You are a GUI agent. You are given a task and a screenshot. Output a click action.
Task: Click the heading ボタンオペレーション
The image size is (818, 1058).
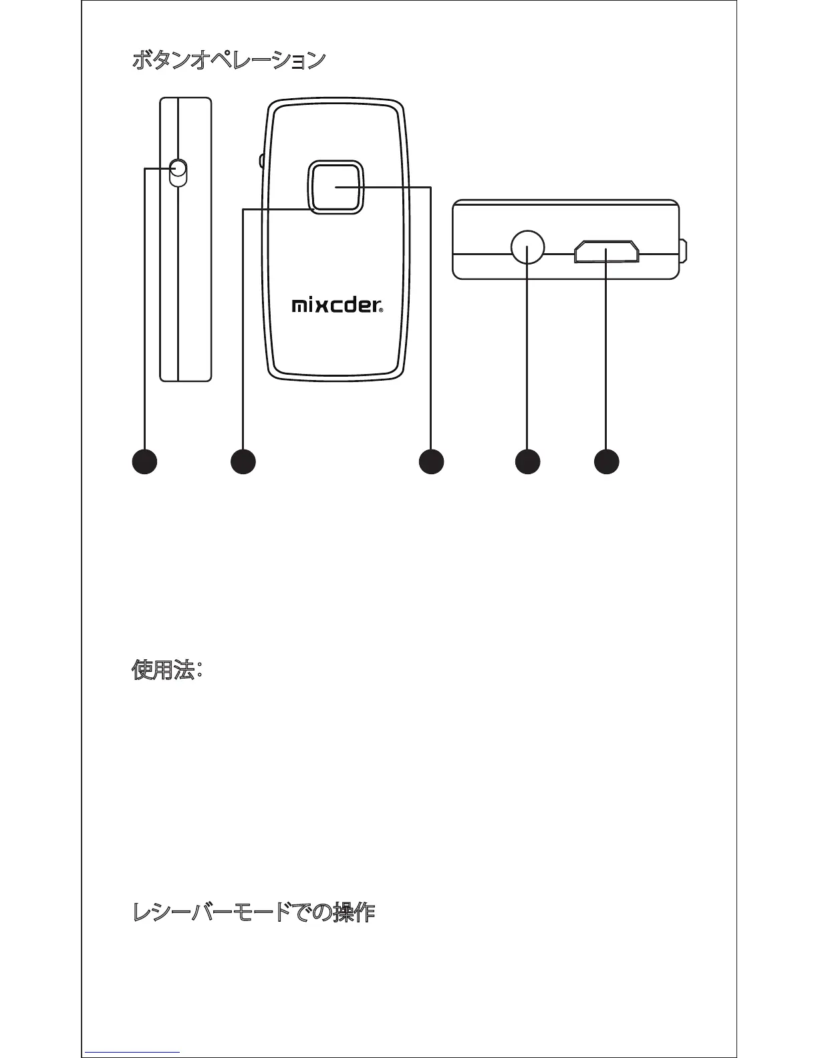(x=229, y=61)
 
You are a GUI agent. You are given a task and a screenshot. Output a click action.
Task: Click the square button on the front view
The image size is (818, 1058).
(x=335, y=188)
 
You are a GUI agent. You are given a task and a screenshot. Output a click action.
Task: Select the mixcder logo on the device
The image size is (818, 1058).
(x=337, y=306)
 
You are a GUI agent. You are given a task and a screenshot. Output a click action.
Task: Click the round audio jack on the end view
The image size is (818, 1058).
(x=527, y=246)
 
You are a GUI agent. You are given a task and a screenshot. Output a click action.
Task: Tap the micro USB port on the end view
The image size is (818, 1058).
(x=606, y=252)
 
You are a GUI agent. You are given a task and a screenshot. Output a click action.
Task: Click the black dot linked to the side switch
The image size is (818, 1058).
(x=144, y=462)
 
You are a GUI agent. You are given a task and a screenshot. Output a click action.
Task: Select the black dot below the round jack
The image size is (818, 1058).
(x=527, y=462)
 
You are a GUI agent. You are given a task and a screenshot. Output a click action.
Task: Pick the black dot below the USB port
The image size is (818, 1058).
(x=606, y=462)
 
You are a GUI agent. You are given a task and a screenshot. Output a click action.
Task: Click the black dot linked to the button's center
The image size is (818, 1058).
(x=431, y=462)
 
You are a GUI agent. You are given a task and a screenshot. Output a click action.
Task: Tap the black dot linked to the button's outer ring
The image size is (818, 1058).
(x=243, y=462)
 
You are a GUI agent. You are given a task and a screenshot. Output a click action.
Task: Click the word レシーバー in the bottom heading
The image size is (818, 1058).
(x=174, y=912)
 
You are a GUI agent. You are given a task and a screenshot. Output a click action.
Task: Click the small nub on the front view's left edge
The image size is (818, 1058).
(x=261, y=160)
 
